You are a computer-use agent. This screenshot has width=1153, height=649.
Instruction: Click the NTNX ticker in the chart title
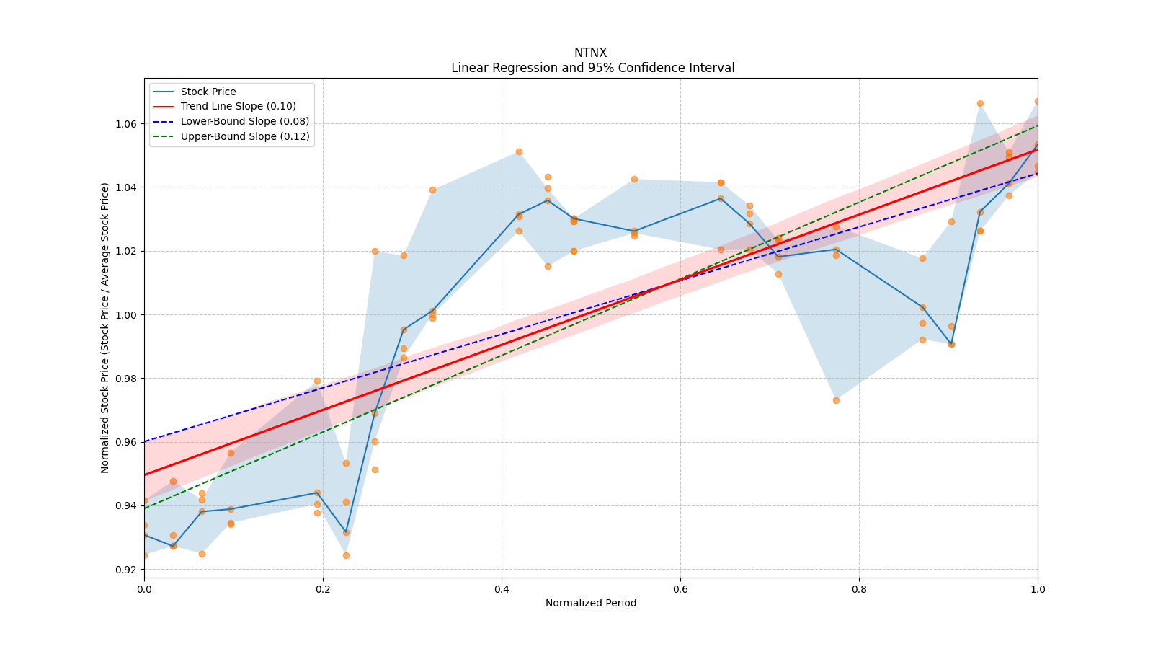[x=590, y=53]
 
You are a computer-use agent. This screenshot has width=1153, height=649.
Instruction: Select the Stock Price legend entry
[x=208, y=92]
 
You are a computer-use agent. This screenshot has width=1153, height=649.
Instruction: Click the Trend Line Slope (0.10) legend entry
[x=238, y=107]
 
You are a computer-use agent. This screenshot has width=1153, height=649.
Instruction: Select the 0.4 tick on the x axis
[x=502, y=589]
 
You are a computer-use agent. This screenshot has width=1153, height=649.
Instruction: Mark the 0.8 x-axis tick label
[x=859, y=589]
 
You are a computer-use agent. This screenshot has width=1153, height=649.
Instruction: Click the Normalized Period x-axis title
[x=590, y=603]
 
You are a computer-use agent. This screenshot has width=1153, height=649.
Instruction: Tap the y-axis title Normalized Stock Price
[x=105, y=327]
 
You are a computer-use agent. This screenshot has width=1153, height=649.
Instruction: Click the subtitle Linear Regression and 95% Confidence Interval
[x=592, y=68]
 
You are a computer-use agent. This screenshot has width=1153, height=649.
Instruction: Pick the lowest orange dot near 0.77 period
[x=836, y=400]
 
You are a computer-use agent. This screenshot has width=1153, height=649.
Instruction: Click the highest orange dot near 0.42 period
[x=519, y=151]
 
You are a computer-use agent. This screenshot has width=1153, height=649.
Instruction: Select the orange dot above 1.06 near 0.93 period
[x=980, y=103]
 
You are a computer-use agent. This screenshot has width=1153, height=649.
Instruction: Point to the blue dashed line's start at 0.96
[x=145, y=441]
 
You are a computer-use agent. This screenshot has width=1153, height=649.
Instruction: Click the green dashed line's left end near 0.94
[x=145, y=508]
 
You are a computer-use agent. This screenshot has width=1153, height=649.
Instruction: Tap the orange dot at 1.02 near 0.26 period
[x=375, y=251]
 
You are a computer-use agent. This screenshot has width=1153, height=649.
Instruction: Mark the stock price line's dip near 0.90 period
[x=951, y=344]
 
